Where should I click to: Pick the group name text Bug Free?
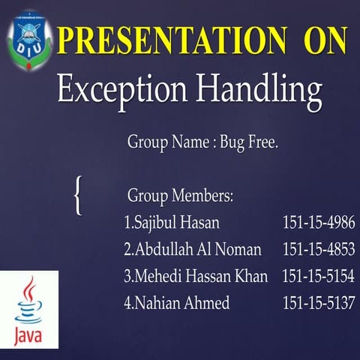click(x=249, y=142)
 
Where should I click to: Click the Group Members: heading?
click(x=180, y=196)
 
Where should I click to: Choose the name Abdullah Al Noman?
click(x=197, y=250)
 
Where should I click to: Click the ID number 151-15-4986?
click(x=318, y=223)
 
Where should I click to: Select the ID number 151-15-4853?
click(x=318, y=250)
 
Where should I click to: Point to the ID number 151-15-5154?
click(x=318, y=277)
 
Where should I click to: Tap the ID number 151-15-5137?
click(x=318, y=303)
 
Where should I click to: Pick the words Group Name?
click(x=163, y=142)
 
